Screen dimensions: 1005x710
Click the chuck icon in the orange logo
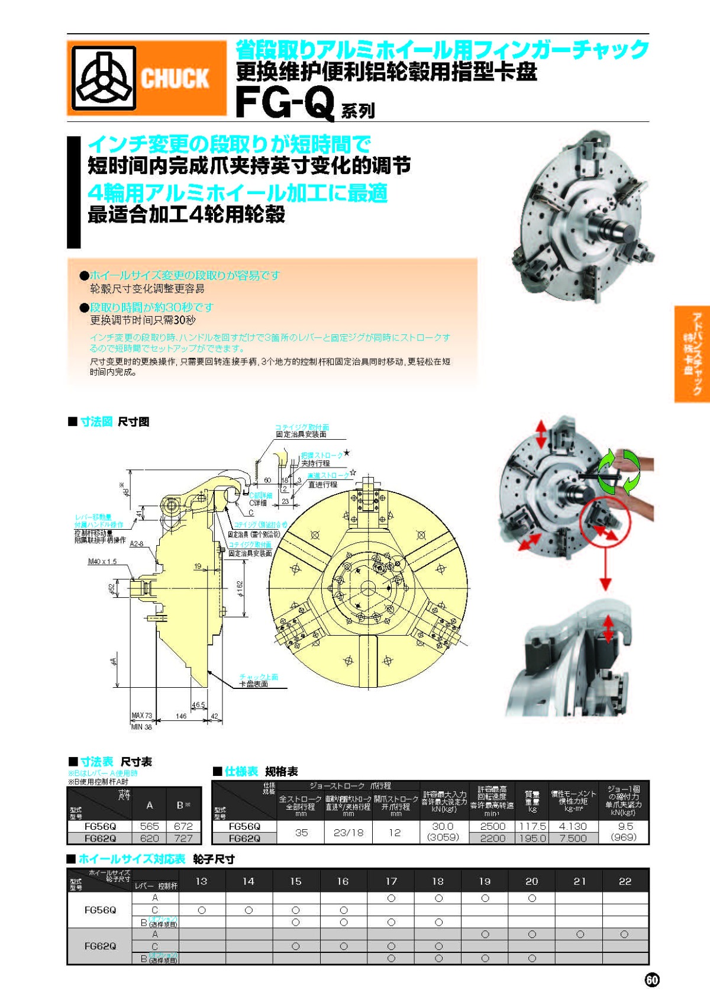pyautogui.click(x=104, y=78)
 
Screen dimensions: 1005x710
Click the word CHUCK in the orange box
pyautogui.click(x=175, y=79)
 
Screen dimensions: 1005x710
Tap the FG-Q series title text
pyautogui.click(x=286, y=103)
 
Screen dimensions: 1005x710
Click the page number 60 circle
pyautogui.click(x=651, y=980)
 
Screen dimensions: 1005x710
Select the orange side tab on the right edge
pyautogui.click(x=692, y=354)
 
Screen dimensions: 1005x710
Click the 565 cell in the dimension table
pyautogui.click(x=150, y=826)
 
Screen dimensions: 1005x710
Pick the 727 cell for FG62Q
pyautogui.click(x=183, y=838)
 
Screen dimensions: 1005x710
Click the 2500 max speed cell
pyautogui.click(x=492, y=826)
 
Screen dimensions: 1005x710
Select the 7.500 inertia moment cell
pyautogui.click(x=573, y=838)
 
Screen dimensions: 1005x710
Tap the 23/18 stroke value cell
pyautogui.click(x=348, y=832)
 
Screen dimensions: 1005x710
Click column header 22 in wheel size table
pyautogui.click(x=625, y=881)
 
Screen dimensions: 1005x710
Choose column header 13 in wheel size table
pyautogui.click(x=201, y=881)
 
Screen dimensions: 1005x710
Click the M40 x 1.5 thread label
pyautogui.click(x=102, y=561)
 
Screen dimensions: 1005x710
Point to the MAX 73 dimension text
pyautogui.click(x=141, y=716)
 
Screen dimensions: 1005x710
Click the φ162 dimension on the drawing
pyautogui.click(x=240, y=588)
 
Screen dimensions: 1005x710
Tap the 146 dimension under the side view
pyautogui.click(x=181, y=716)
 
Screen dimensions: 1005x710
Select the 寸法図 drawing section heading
pyautogui.click(x=96, y=421)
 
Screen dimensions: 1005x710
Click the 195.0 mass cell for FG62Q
pyautogui.click(x=532, y=838)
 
